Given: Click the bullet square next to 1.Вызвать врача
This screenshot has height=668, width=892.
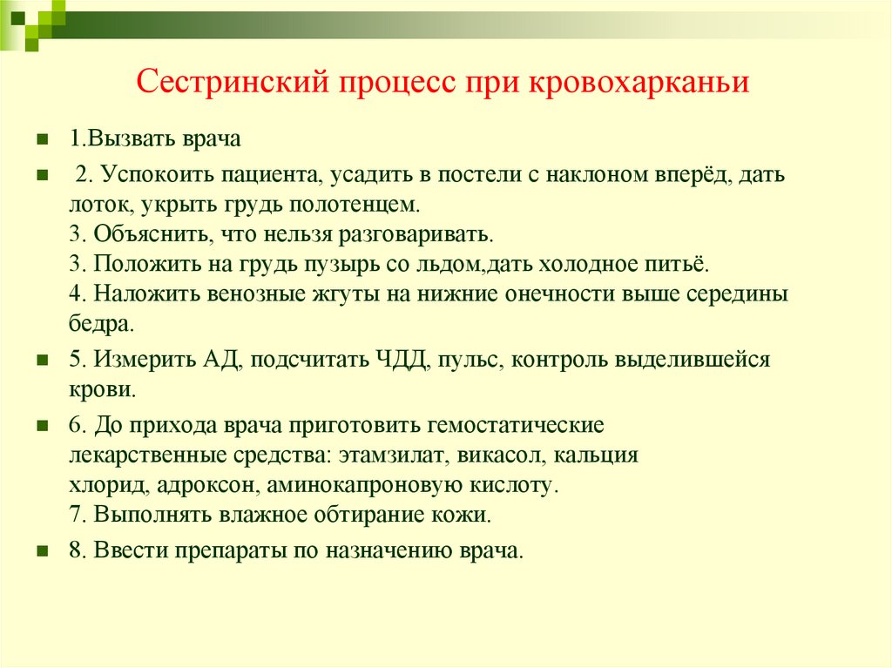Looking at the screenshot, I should (41, 140).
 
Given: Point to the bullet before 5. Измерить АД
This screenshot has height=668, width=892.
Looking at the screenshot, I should (41, 359).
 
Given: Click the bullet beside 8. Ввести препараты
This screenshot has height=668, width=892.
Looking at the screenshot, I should (41, 550).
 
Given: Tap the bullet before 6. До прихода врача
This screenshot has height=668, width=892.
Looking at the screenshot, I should (41, 427).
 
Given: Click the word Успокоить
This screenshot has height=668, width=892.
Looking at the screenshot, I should (165, 175).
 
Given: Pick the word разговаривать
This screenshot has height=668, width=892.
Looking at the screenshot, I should (422, 235).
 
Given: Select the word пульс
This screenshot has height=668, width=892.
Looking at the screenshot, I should (469, 359).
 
